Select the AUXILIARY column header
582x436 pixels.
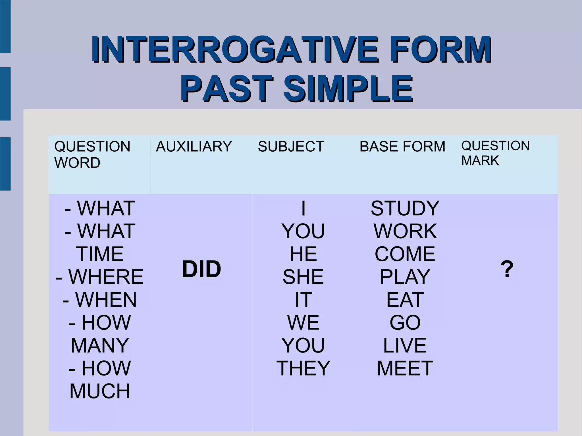tap(194, 147)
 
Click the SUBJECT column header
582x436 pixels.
tap(291, 147)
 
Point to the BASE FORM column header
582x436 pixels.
tap(402, 147)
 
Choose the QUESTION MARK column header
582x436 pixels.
tap(495, 153)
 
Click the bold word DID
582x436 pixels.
tap(201, 269)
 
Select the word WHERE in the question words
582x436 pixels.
tap(106, 277)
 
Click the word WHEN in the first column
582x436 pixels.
tap(106, 300)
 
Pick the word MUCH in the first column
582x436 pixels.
tap(100, 391)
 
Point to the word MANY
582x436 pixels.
tap(100, 345)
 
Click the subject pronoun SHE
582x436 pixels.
tap(303, 277)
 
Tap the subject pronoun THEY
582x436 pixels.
tap(303, 368)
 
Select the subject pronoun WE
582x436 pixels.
tap(303, 322)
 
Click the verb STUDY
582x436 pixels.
tap(405, 208)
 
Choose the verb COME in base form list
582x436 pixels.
tap(405, 254)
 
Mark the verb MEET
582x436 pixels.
tap(405, 368)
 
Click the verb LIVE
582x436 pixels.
tap(405, 345)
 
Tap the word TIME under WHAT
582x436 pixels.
tap(100, 254)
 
